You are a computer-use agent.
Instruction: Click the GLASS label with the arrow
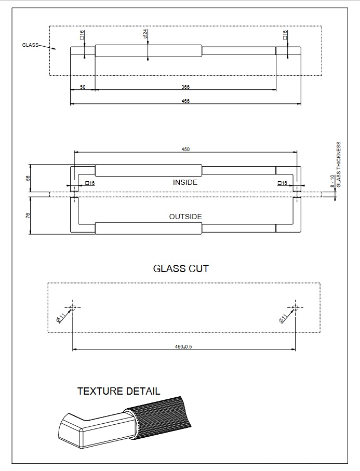pos(30,45)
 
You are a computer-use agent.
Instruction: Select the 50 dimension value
pos(83,87)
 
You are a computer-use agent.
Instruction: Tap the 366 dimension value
pos(185,87)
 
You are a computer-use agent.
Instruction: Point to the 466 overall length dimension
pos(185,101)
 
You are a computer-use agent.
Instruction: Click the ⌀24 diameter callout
pos(145,34)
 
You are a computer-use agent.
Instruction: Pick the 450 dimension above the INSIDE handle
pos(185,149)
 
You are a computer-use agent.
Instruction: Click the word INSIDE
pos(185,182)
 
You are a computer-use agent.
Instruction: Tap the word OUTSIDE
pos(185,217)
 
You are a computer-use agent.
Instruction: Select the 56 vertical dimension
pos(28,178)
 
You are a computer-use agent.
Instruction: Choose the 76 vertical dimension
pos(28,215)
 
